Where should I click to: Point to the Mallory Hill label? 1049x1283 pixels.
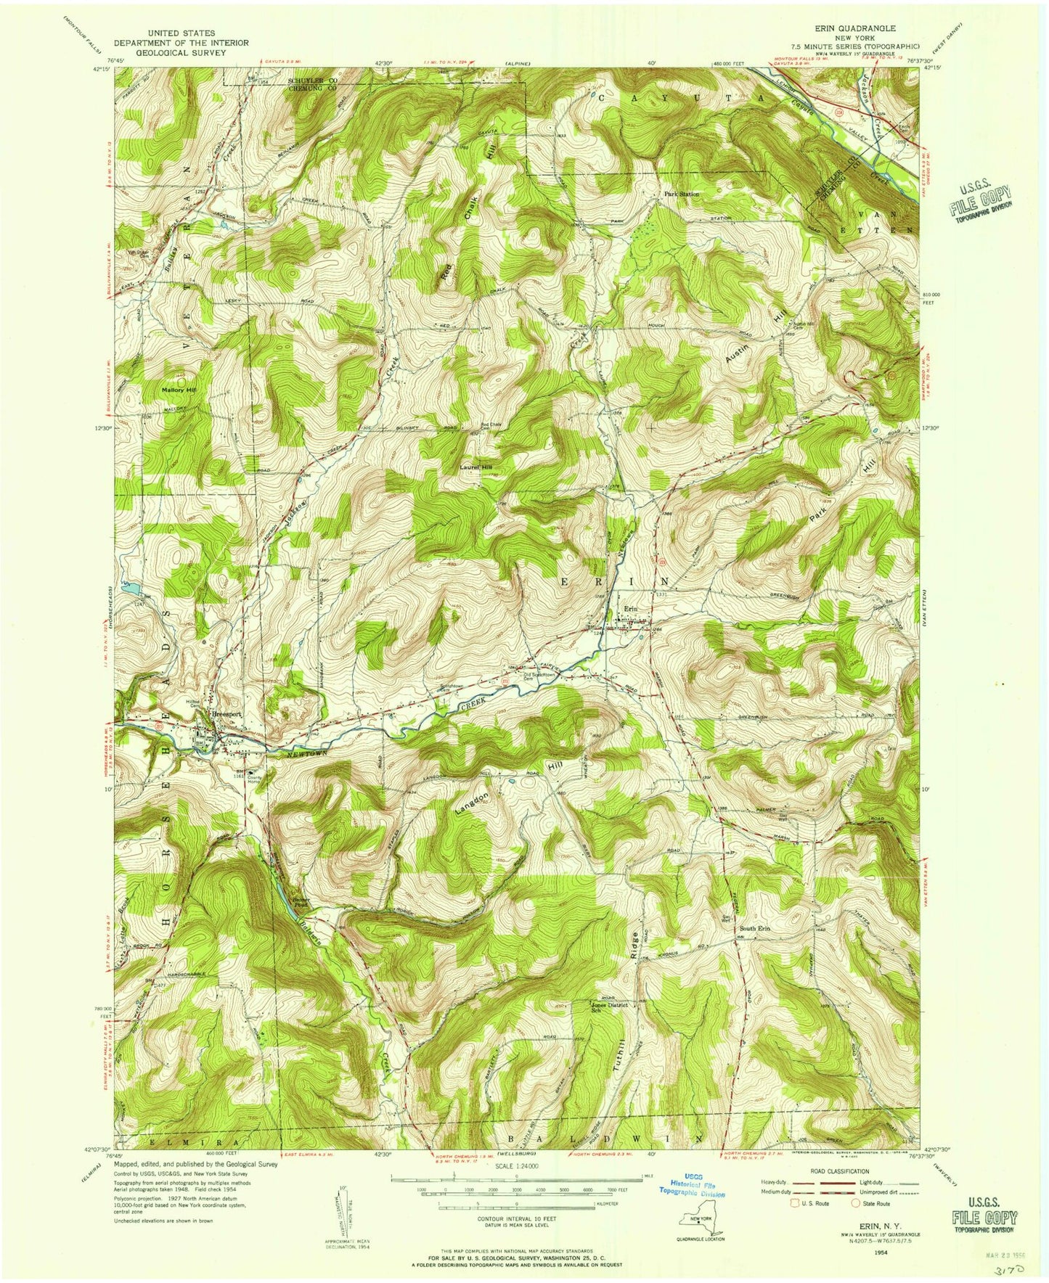(179, 390)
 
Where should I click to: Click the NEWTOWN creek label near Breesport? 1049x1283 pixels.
(297, 754)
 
